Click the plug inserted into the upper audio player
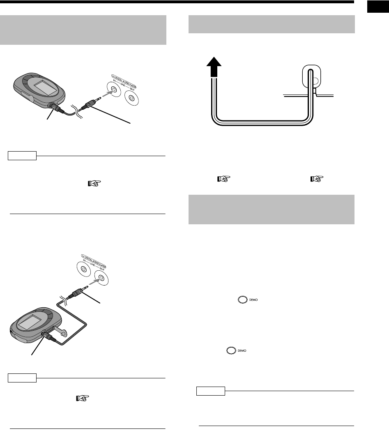(x=55, y=109)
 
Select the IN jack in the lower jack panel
(x=83, y=269)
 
